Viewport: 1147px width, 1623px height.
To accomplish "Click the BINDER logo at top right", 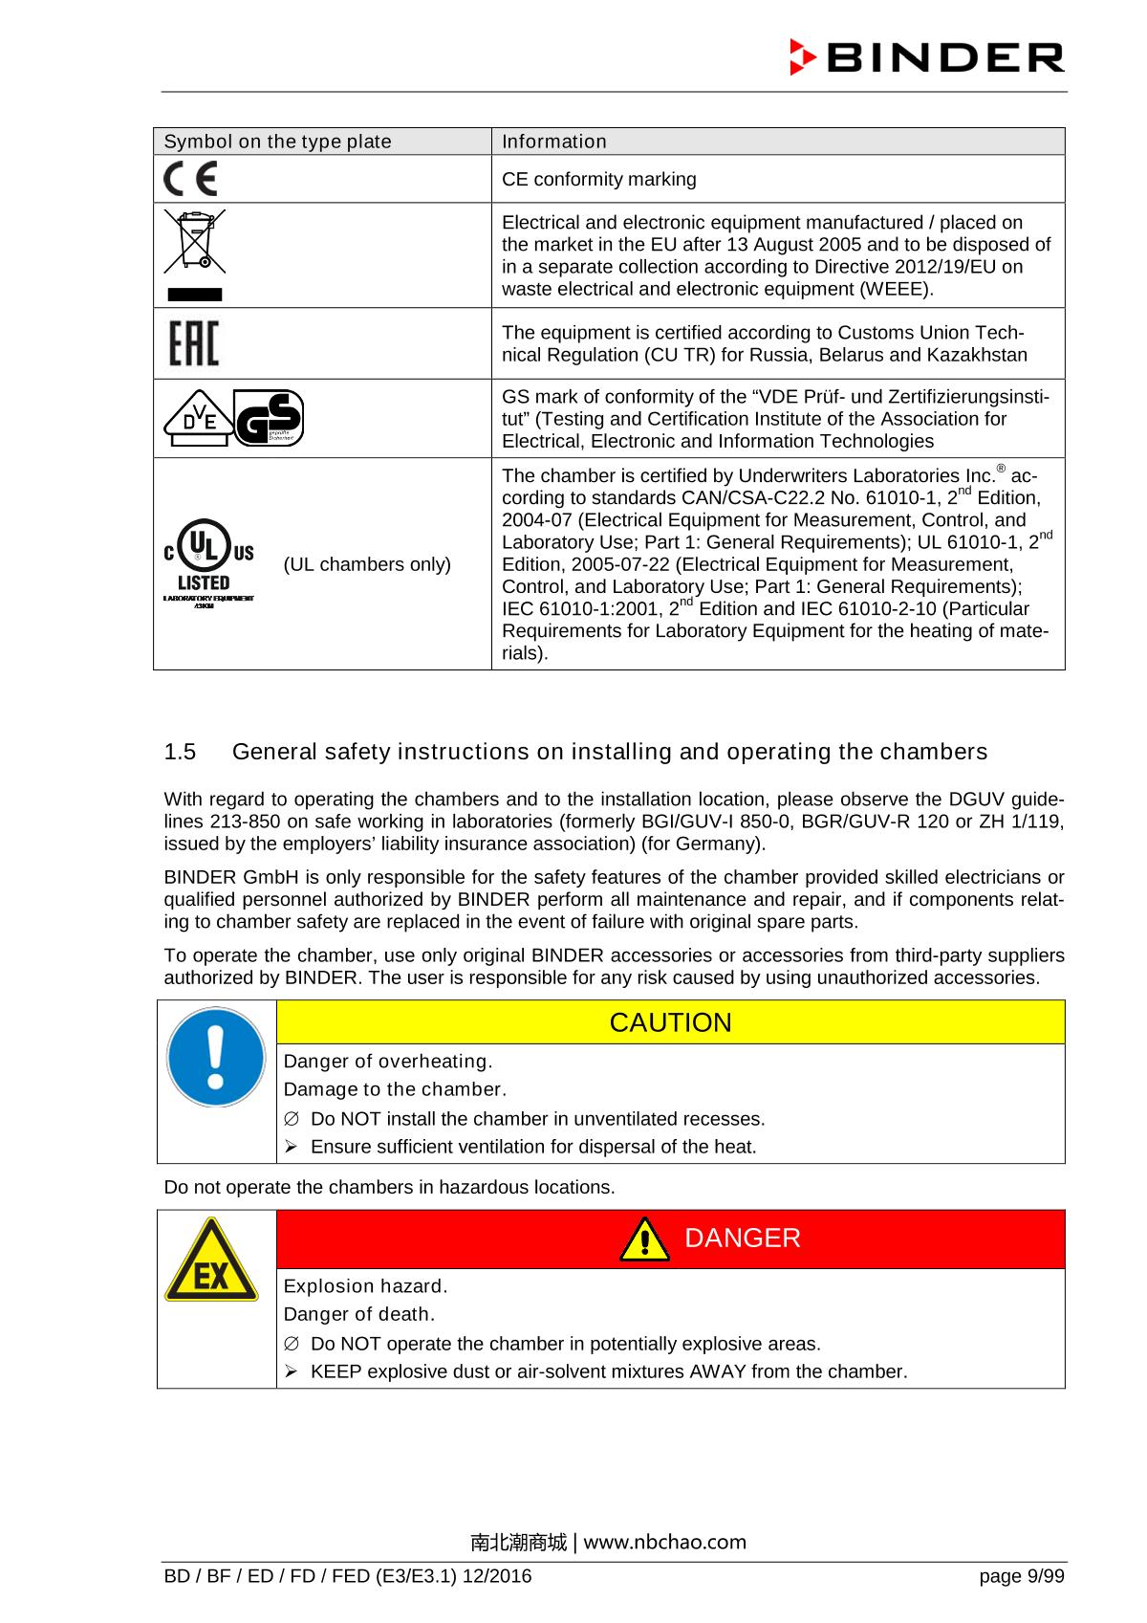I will [926, 58].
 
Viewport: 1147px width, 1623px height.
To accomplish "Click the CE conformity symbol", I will [190, 180].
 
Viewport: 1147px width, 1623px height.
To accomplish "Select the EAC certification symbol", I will [193, 343].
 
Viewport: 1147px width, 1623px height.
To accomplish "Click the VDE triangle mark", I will [196, 419].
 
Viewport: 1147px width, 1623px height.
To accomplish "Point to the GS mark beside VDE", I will [269, 418].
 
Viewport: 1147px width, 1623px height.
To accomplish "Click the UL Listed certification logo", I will [207, 565].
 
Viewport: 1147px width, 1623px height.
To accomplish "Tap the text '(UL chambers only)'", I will [367, 564].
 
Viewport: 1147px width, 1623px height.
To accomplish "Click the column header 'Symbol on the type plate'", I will [278, 142].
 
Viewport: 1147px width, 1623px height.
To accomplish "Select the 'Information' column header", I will [554, 142].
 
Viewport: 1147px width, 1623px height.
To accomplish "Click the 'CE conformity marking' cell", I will [599, 180].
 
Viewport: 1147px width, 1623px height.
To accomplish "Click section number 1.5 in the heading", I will [180, 752].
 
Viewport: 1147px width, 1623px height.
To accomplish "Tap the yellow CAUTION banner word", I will [670, 1022].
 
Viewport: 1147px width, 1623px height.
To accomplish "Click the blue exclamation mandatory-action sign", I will [216, 1058].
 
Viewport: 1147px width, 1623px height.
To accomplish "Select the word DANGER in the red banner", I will [743, 1239].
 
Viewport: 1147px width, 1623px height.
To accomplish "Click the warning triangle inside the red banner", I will [644, 1240].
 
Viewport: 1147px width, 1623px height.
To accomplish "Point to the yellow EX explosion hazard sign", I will [211, 1260].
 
